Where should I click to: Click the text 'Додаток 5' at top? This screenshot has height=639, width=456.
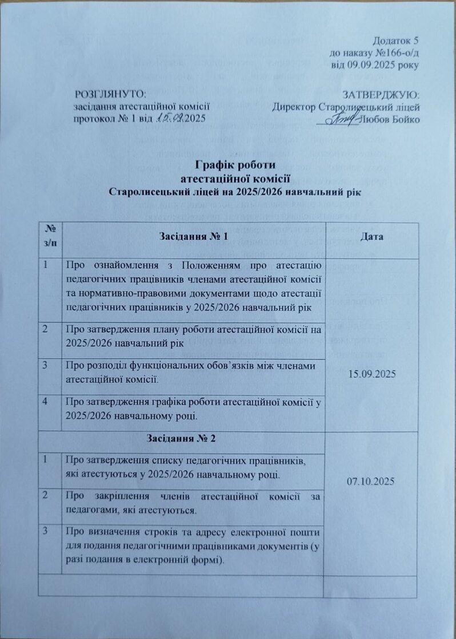[396, 41]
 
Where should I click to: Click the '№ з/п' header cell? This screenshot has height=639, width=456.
[52, 236]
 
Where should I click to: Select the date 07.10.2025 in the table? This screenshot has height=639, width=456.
[371, 482]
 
